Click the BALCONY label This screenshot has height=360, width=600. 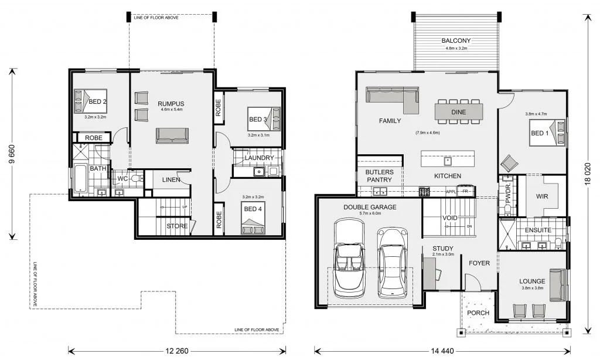(456, 40)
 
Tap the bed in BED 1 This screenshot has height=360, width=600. (547, 133)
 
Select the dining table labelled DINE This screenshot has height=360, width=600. (458, 112)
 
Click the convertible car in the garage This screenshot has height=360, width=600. (349, 259)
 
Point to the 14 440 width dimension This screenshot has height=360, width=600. (442, 351)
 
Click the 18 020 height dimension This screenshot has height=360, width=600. (588, 174)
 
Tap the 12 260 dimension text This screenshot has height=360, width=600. (177, 351)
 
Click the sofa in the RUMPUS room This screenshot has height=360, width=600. (172, 135)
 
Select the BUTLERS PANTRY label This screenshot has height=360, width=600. (379, 176)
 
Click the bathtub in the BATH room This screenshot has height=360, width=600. (80, 178)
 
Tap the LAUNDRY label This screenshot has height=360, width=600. (259, 158)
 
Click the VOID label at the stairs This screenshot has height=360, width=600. (449, 218)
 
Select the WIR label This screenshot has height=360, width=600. (542, 196)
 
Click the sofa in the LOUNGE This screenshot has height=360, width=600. (558, 284)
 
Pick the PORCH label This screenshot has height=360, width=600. (478, 313)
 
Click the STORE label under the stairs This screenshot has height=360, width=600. (177, 226)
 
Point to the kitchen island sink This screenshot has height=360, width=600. (447, 161)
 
